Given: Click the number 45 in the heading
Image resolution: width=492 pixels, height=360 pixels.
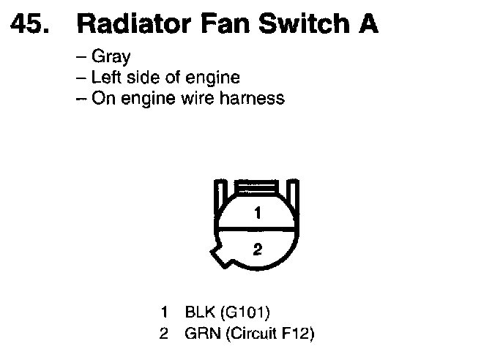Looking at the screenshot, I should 29,24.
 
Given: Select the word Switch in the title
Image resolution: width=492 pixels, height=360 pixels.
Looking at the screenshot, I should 300,24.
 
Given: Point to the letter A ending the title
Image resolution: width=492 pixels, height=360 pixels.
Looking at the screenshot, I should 368,24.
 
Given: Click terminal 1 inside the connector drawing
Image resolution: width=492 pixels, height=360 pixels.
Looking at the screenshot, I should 257,214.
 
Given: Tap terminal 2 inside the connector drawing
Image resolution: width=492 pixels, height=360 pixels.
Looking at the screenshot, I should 257,248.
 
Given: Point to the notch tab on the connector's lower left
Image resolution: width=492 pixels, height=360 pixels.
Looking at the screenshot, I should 220,256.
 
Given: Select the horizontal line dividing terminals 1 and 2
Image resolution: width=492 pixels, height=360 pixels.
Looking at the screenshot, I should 257,230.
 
